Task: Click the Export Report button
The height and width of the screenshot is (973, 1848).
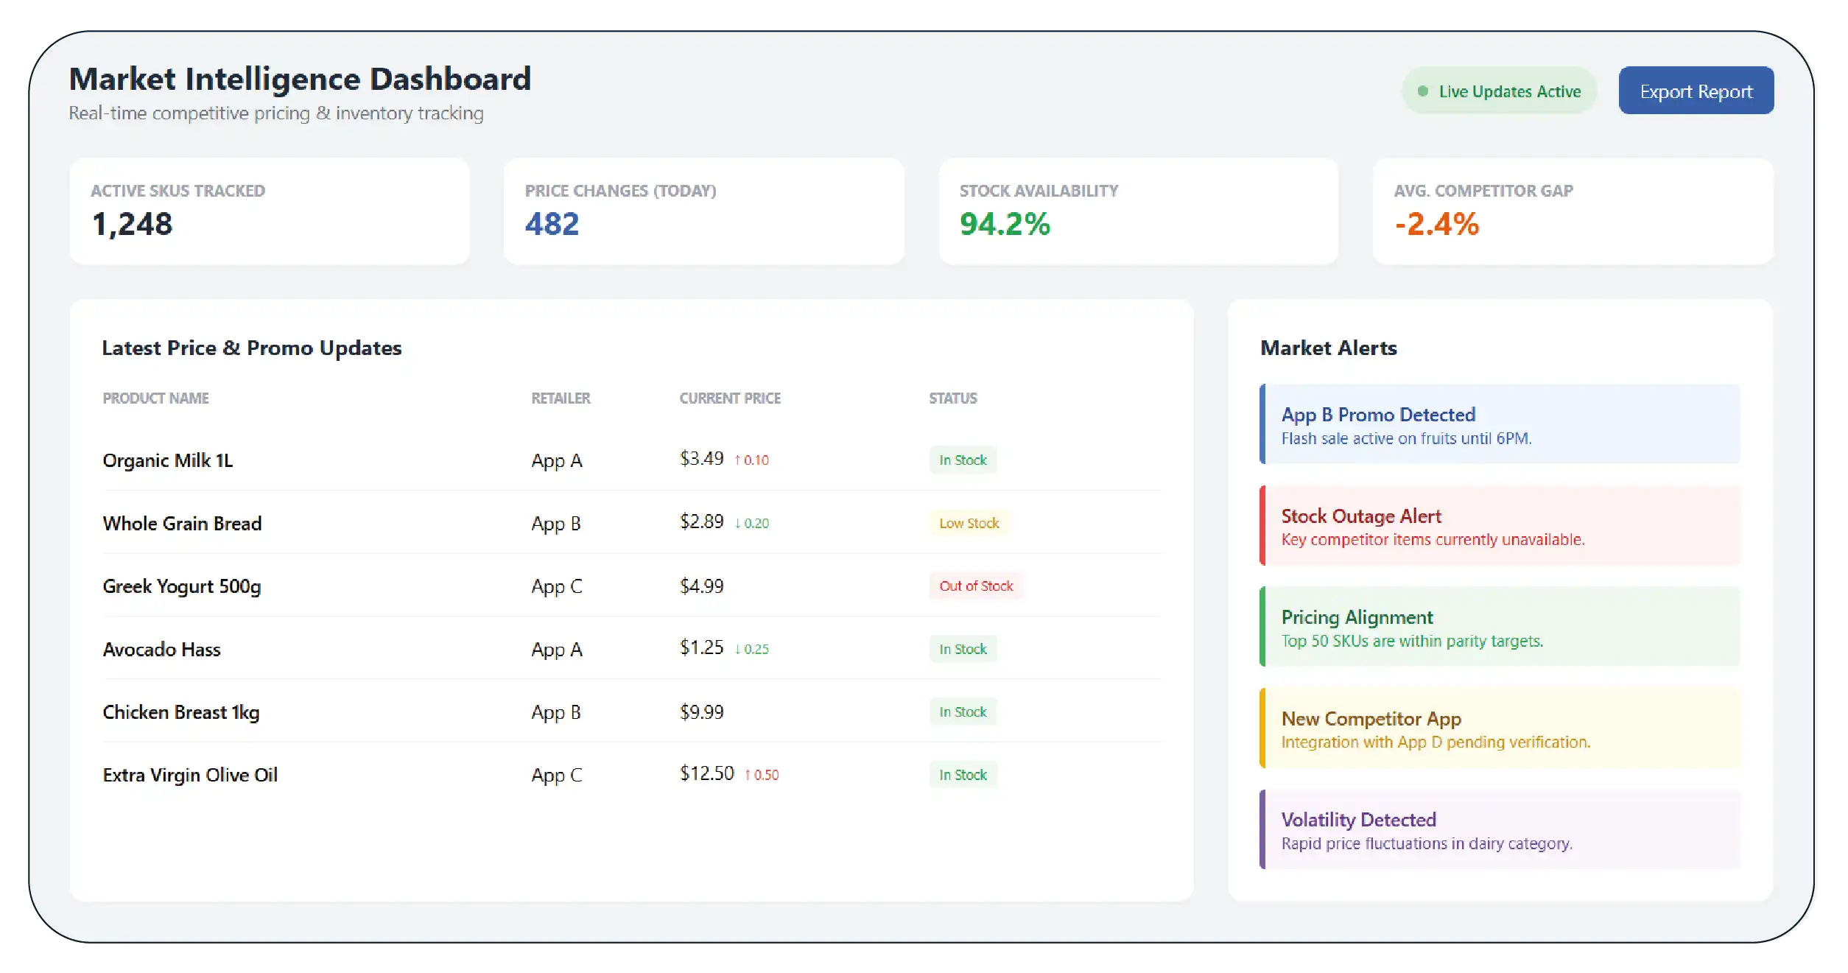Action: pos(1696,91)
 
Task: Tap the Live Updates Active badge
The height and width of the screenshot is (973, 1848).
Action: pos(1499,91)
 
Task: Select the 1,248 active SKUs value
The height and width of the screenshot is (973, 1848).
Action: pos(133,224)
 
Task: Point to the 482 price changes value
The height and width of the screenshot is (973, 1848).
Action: pos(552,224)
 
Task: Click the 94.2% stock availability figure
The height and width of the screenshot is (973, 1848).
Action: pos(1005,224)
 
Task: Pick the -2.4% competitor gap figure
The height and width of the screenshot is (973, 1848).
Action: pos(1436,224)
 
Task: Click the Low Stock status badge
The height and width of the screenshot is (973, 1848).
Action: pos(969,523)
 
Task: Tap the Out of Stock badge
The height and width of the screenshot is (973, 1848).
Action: pos(976,586)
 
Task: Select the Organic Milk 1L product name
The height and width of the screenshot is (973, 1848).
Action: pos(168,460)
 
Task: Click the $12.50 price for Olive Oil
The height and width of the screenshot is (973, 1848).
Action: pos(707,773)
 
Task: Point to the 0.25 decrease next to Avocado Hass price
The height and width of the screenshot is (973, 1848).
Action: pos(752,649)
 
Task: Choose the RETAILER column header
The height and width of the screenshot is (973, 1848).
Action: pos(561,398)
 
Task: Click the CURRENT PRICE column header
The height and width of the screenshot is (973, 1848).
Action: pos(730,398)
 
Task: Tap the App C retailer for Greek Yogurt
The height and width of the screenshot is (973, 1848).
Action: pos(557,586)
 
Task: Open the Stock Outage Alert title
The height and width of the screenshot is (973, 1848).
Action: pos(1361,516)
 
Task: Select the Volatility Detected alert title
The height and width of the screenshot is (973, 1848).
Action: pos(1359,819)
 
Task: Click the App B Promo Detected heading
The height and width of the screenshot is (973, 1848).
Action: pos(1378,415)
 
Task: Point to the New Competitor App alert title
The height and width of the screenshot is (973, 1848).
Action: pos(1371,718)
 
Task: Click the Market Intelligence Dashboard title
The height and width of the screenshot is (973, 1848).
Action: pos(300,79)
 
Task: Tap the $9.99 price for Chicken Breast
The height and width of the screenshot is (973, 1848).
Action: pos(702,712)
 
